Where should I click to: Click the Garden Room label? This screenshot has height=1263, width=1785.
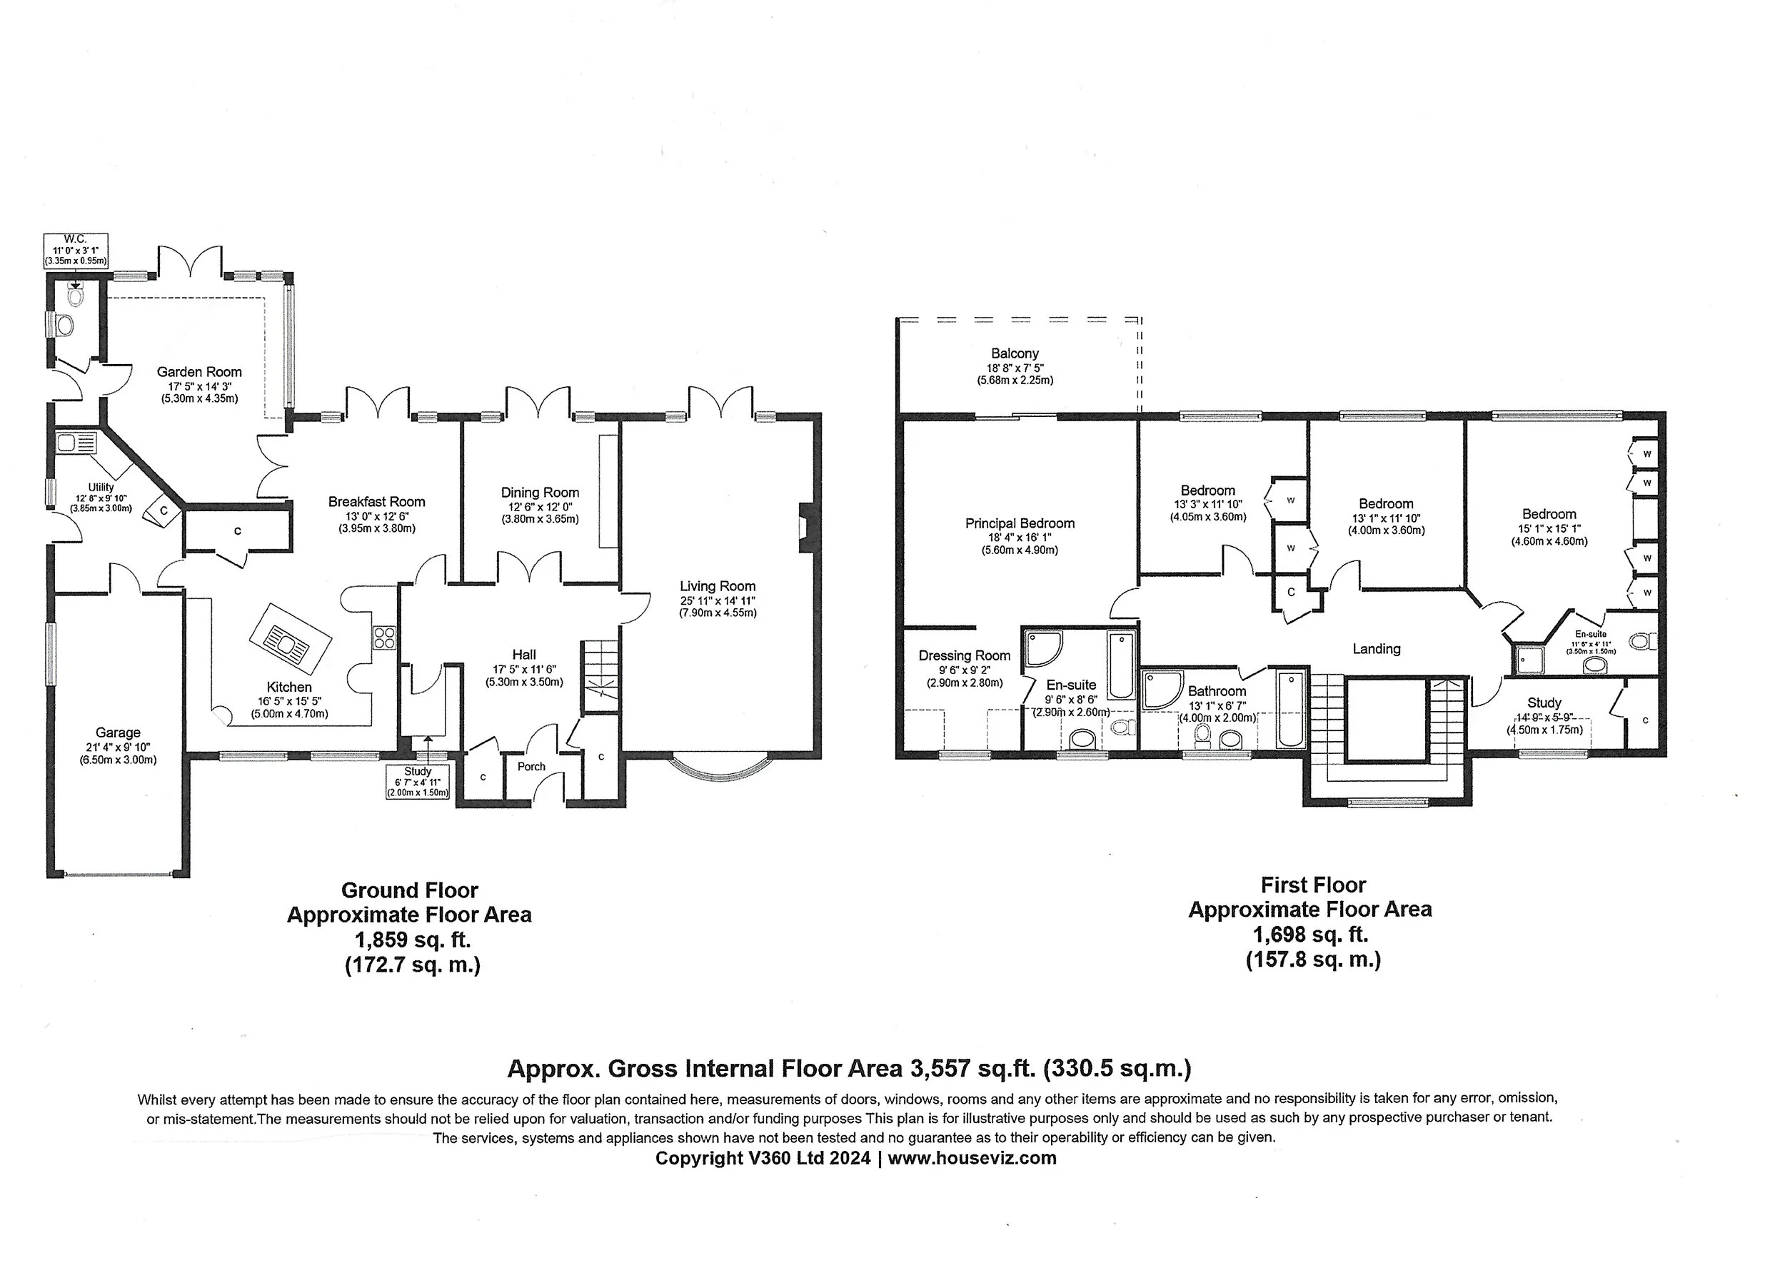199,372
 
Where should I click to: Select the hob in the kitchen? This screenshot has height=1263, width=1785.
384,638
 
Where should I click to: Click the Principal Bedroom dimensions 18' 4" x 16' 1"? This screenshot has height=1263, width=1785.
1020,538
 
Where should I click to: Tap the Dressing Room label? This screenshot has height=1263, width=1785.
964,655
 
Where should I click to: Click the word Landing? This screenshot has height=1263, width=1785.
1376,648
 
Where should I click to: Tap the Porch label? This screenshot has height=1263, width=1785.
531,767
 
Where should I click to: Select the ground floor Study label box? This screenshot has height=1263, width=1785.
418,782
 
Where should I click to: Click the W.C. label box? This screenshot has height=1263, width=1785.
76,250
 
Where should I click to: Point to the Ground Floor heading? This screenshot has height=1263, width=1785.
409,890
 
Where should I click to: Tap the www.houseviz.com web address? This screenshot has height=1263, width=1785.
972,1158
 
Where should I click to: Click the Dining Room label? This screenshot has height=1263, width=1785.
540,493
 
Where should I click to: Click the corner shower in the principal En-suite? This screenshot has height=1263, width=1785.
1042,648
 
